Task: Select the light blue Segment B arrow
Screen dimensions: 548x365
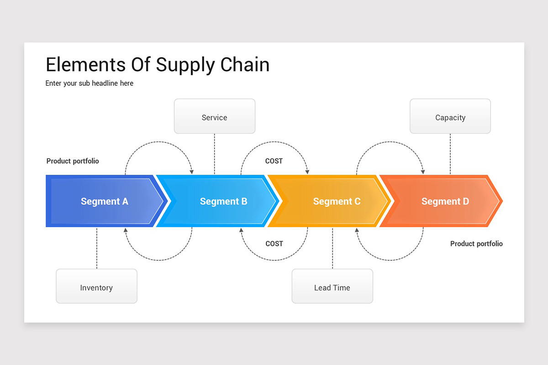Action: (220, 201)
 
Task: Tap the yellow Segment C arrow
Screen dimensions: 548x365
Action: (333, 201)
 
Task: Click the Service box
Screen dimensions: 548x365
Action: (215, 116)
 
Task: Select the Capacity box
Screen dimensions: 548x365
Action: (450, 116)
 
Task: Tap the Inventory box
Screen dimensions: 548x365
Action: (96, 286)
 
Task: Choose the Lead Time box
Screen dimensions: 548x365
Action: (332, 286)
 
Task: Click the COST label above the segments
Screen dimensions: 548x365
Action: (274, 161)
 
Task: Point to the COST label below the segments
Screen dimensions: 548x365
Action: (274, 244)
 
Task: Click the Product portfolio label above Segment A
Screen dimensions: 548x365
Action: (73, 161)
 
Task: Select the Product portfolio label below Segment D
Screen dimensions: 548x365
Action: (476, 244)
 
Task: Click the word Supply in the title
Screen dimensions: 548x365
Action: (185, 65)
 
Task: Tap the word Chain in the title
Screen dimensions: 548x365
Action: (245, 64)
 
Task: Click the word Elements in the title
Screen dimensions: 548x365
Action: (86, 64)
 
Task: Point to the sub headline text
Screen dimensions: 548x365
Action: (90, 83)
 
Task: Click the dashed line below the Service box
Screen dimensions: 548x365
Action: (215, 154)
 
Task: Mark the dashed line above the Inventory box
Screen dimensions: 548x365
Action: (97, 248)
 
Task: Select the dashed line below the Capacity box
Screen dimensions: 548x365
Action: (450, 154)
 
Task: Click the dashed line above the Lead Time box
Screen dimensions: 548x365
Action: (332, 248)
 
